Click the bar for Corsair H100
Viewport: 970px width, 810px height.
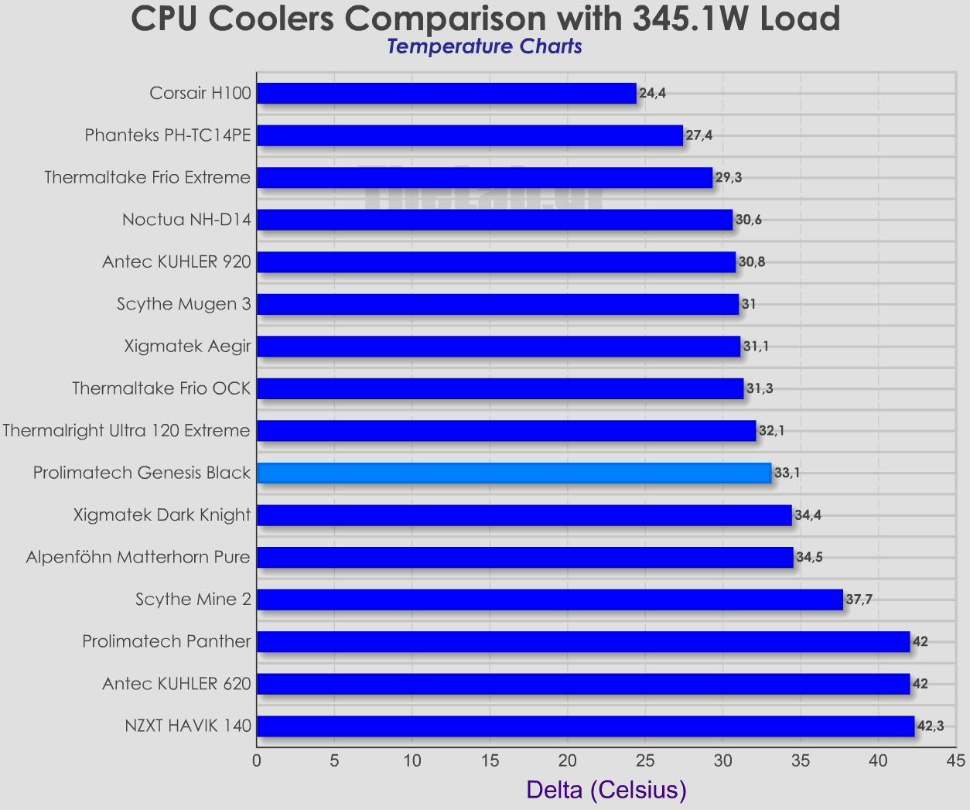click(x=446, y=94)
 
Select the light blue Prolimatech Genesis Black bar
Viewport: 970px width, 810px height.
click(x=514, y=473)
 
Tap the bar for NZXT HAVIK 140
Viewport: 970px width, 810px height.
click(x=585, y=726)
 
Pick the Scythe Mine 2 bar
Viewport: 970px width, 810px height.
click(x=549, y=600)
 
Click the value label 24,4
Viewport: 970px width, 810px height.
click(x=652, y=94)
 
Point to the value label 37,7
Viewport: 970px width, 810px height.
click(x=859, y=600)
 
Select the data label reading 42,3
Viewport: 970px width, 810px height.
click(x=930, y=726)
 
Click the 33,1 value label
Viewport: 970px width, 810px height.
click(x=787, y=473)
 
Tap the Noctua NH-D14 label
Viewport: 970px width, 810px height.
click(x=186, y=220)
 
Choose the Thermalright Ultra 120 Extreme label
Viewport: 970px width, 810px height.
click(x=126, y=430)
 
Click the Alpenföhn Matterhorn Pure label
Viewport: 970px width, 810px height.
click(x=138, y=557)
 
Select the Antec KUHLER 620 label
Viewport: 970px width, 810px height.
click(x=176, y=684)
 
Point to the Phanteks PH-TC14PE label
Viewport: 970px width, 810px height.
click(x=168, y=135)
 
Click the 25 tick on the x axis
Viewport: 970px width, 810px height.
click(x=645, y=760)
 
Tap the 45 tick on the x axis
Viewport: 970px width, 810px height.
click(x=956, y=760)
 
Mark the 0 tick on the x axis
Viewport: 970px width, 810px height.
click(x=257, y=760)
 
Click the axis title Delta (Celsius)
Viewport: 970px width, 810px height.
click(x=606, y=790)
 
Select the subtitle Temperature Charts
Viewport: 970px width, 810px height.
click(x=484, y=46)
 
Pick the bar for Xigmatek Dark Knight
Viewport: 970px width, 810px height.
click(x=524, y=515)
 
